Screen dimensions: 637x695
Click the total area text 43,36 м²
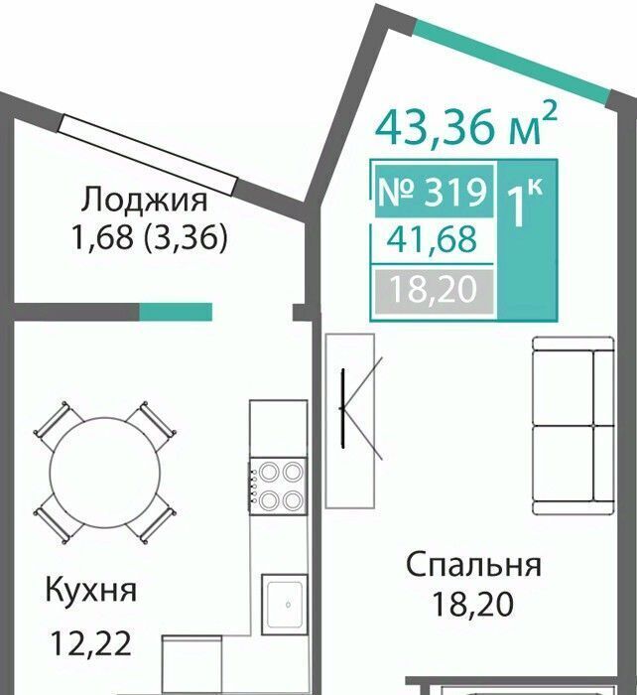(465, 125)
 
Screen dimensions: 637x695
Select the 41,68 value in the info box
(432, 239)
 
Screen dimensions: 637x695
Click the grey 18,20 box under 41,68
(434, 290)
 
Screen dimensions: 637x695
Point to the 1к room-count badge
(525, 204)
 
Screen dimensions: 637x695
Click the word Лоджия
(144, 200)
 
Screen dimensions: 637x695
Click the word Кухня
(91, 591)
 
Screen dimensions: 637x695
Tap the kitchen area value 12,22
(91, 643)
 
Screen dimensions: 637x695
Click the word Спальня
(473, 566)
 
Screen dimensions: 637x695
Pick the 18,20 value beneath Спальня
(473, 604)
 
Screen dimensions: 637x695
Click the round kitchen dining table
(105, 473)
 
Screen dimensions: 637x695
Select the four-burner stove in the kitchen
(278, 486)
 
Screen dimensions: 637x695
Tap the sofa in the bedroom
(573, 426)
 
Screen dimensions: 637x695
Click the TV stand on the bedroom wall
(350, 421)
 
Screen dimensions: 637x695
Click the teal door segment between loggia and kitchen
(176, 312)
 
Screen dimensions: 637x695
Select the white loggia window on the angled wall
(148, 155)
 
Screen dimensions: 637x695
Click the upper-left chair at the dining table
(58, 425)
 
